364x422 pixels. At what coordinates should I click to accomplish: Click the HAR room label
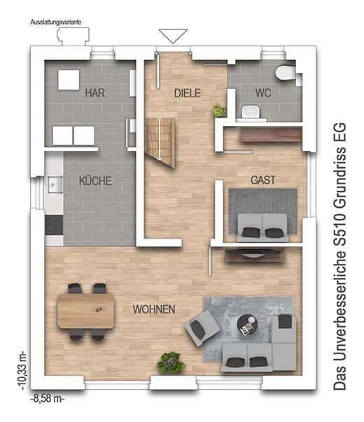tap(94, 93)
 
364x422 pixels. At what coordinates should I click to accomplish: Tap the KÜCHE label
tap(95, 181)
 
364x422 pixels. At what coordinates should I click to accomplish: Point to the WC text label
tap(263, 93)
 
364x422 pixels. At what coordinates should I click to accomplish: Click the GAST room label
tap(263, 180)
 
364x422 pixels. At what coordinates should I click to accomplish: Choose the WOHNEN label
tap(154, 309)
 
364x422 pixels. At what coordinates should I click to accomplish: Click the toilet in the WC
tap(286, 72)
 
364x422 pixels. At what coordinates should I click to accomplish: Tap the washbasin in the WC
tap(251, 112)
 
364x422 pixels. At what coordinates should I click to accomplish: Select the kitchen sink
tap(55, 185)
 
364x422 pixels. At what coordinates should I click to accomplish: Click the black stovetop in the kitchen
tap(54, 225)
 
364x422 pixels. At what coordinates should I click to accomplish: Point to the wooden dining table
tap(86, 311)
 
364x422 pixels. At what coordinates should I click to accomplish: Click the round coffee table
tap(247, 325)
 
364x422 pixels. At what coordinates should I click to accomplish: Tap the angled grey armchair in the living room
tap(202, 328)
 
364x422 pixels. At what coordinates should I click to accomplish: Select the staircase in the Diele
tap(160, 142)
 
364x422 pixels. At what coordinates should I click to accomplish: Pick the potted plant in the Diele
tap(219, 111)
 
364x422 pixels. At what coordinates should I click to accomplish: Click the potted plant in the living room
tap(171, 363)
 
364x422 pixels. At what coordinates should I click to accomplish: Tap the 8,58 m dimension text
tap(48, 398)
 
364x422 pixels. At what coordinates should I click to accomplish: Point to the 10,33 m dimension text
tap(22, 370)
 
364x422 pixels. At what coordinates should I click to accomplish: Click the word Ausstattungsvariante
tap(56, 22)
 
